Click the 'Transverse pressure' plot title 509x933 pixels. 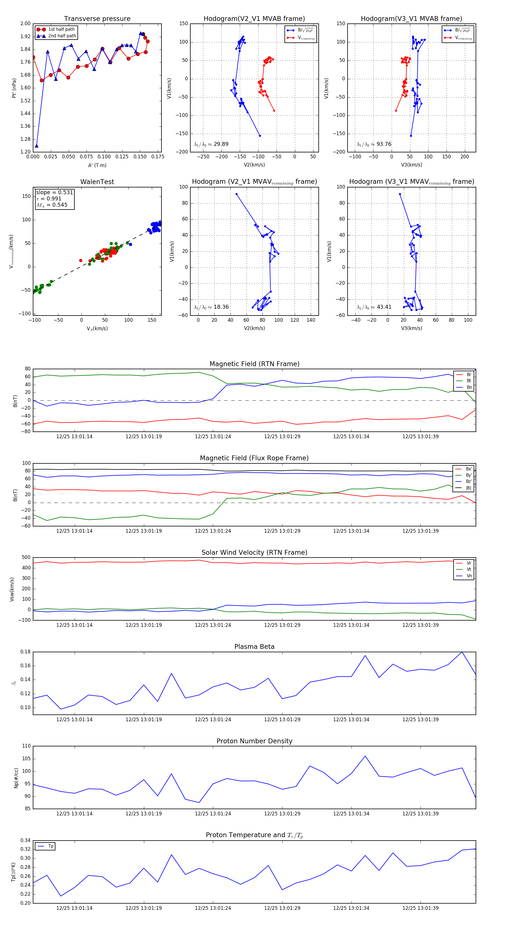97,19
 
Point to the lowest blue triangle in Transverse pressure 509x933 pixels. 36,146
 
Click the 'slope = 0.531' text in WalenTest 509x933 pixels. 54,192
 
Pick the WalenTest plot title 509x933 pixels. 97,182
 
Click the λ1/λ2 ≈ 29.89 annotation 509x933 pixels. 211,144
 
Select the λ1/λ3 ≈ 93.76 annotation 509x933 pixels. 374,144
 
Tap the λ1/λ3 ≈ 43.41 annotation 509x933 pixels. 374,307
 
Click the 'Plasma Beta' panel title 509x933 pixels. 254,647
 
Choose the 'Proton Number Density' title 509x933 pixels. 254,741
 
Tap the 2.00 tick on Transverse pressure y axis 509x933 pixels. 25,23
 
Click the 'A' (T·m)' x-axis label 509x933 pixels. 97,165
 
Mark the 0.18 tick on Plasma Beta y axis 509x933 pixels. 25,652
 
